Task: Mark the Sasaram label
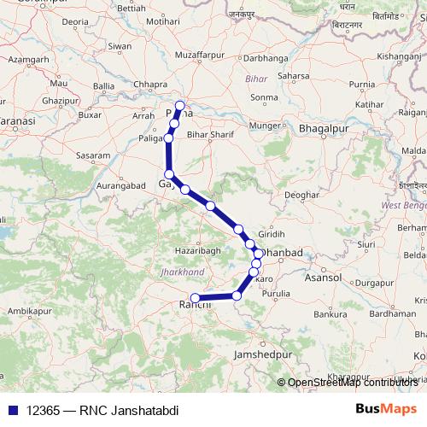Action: pyautogui.click(x=93, y=157)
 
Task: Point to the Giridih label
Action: pyautogui.click(x=272, y=234)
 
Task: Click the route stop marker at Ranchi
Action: pyautogui.click(x=196, y=298)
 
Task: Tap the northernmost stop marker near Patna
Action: pyautogui.click(x=179, y=107)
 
